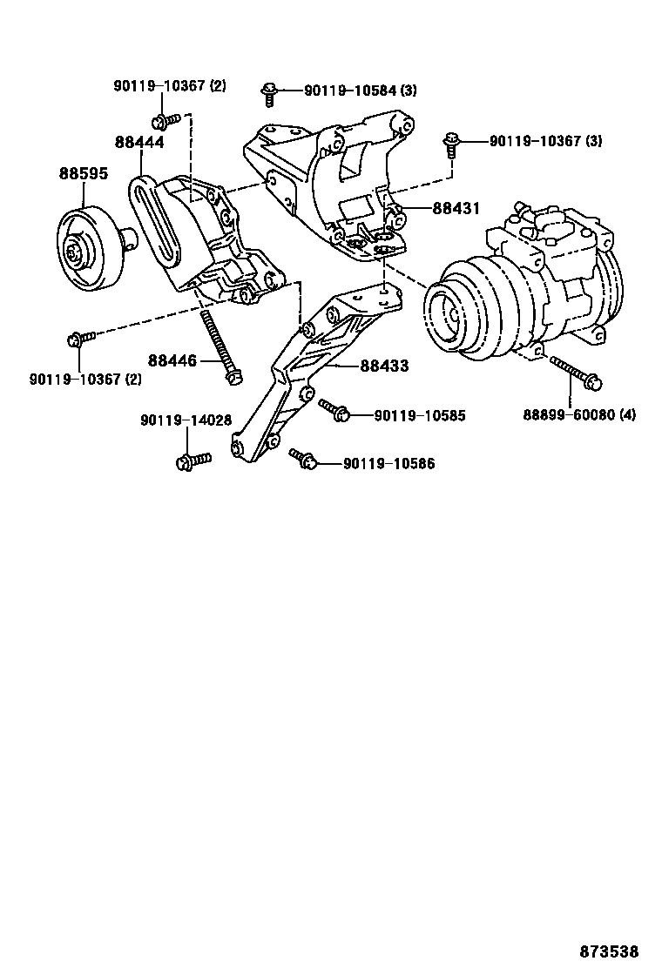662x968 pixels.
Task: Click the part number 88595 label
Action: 84,173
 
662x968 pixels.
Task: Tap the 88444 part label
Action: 138,141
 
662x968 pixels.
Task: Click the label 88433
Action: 384,367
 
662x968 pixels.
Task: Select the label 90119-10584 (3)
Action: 359,91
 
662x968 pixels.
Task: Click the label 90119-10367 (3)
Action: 545,140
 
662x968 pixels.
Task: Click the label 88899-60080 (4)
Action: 579,414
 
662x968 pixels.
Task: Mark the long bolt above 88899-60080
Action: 575,373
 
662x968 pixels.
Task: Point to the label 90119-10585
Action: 420,416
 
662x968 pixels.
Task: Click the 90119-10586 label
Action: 388,464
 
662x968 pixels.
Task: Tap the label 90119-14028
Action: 186,420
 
